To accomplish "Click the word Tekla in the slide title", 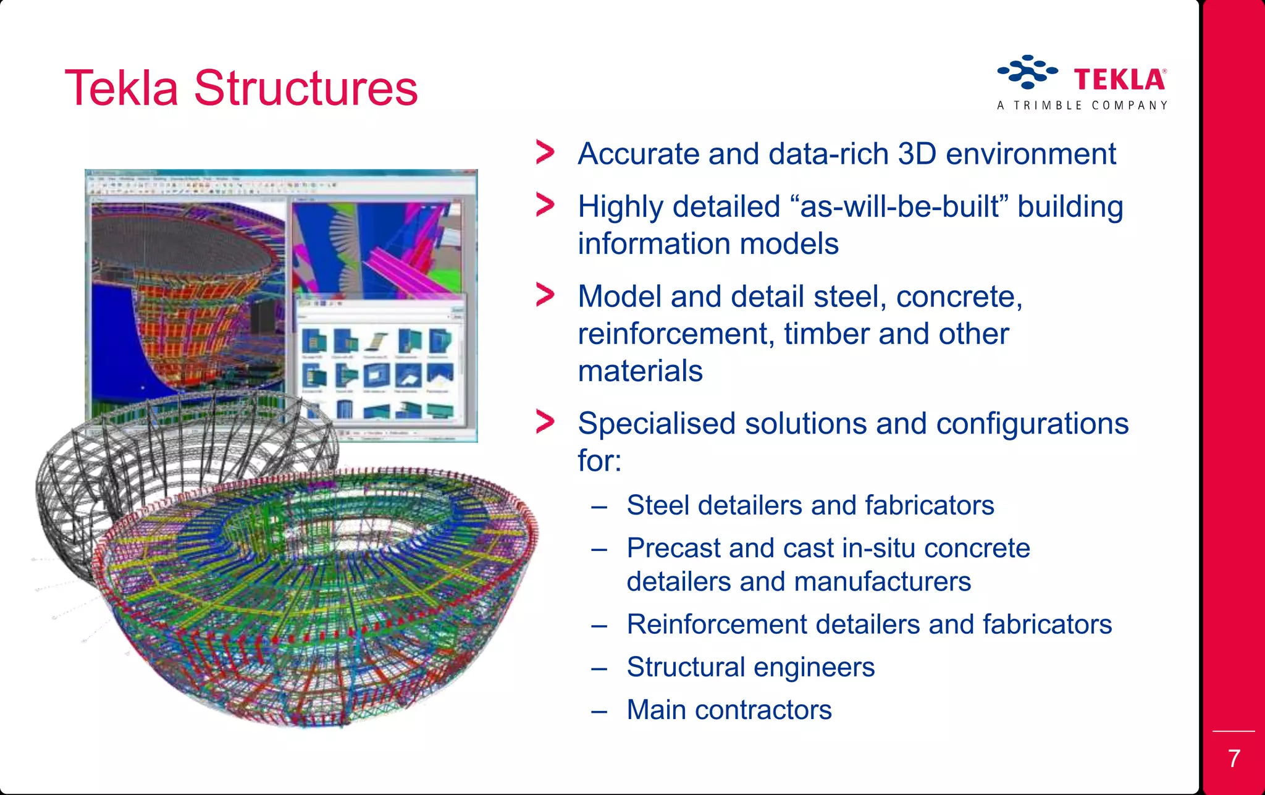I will click(122, 88).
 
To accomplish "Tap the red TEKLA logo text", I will click(1119, 80).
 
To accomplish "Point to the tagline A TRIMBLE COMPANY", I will click(1082, 106).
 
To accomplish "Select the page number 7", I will click(1233, 759).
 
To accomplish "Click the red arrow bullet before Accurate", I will click(545, 153).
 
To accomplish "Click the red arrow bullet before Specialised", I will click(545, 423).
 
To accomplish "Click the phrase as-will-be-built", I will click(899, 206).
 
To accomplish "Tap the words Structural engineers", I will click(750, 667).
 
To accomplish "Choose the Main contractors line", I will click(729, 710).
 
